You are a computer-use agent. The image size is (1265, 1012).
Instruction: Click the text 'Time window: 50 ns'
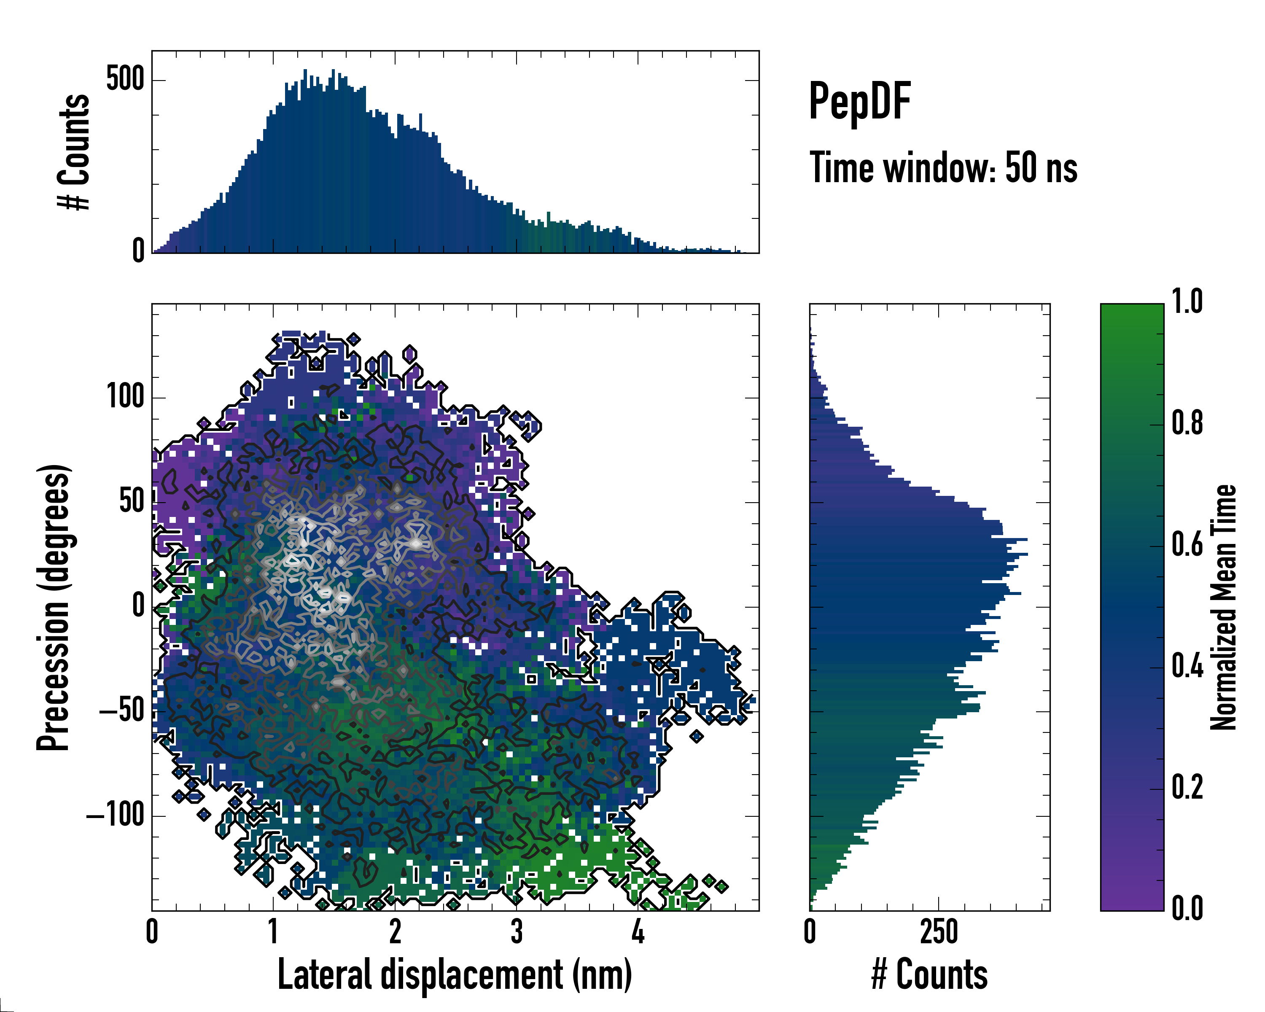pyautogui.click(x=943, y=168)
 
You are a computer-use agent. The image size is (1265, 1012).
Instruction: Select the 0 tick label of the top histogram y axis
pyautogui.click(x=138, y=251)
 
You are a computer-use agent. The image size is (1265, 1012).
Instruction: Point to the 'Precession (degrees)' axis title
pyautogui.click(x=54, y=607)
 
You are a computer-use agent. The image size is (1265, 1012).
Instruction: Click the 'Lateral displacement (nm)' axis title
pyautogui.click(x=455, y=974)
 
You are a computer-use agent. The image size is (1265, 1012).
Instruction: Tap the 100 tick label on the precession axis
pyautogui.click(x=125, y=397)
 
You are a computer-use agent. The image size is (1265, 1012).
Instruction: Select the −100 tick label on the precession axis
pyautogui.click(x=116, y=816)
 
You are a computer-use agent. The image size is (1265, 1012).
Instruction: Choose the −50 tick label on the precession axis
pyautogui.click(x=122, y=711)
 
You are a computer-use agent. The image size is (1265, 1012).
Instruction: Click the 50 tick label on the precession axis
pyautogui.click(x=132, y=502)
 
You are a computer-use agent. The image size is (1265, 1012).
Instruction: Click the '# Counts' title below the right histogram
pyautogui.click(x=929, y=974)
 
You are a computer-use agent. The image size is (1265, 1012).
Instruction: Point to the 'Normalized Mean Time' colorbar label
pyautogui.click(x=1223, y=607)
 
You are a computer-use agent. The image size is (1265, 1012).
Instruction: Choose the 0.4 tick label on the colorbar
pyautogui.click(x=1187, y=667)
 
